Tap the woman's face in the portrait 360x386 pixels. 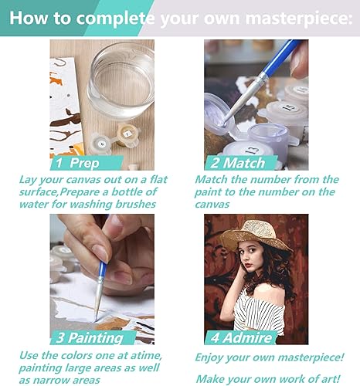[x=256, y=263]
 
